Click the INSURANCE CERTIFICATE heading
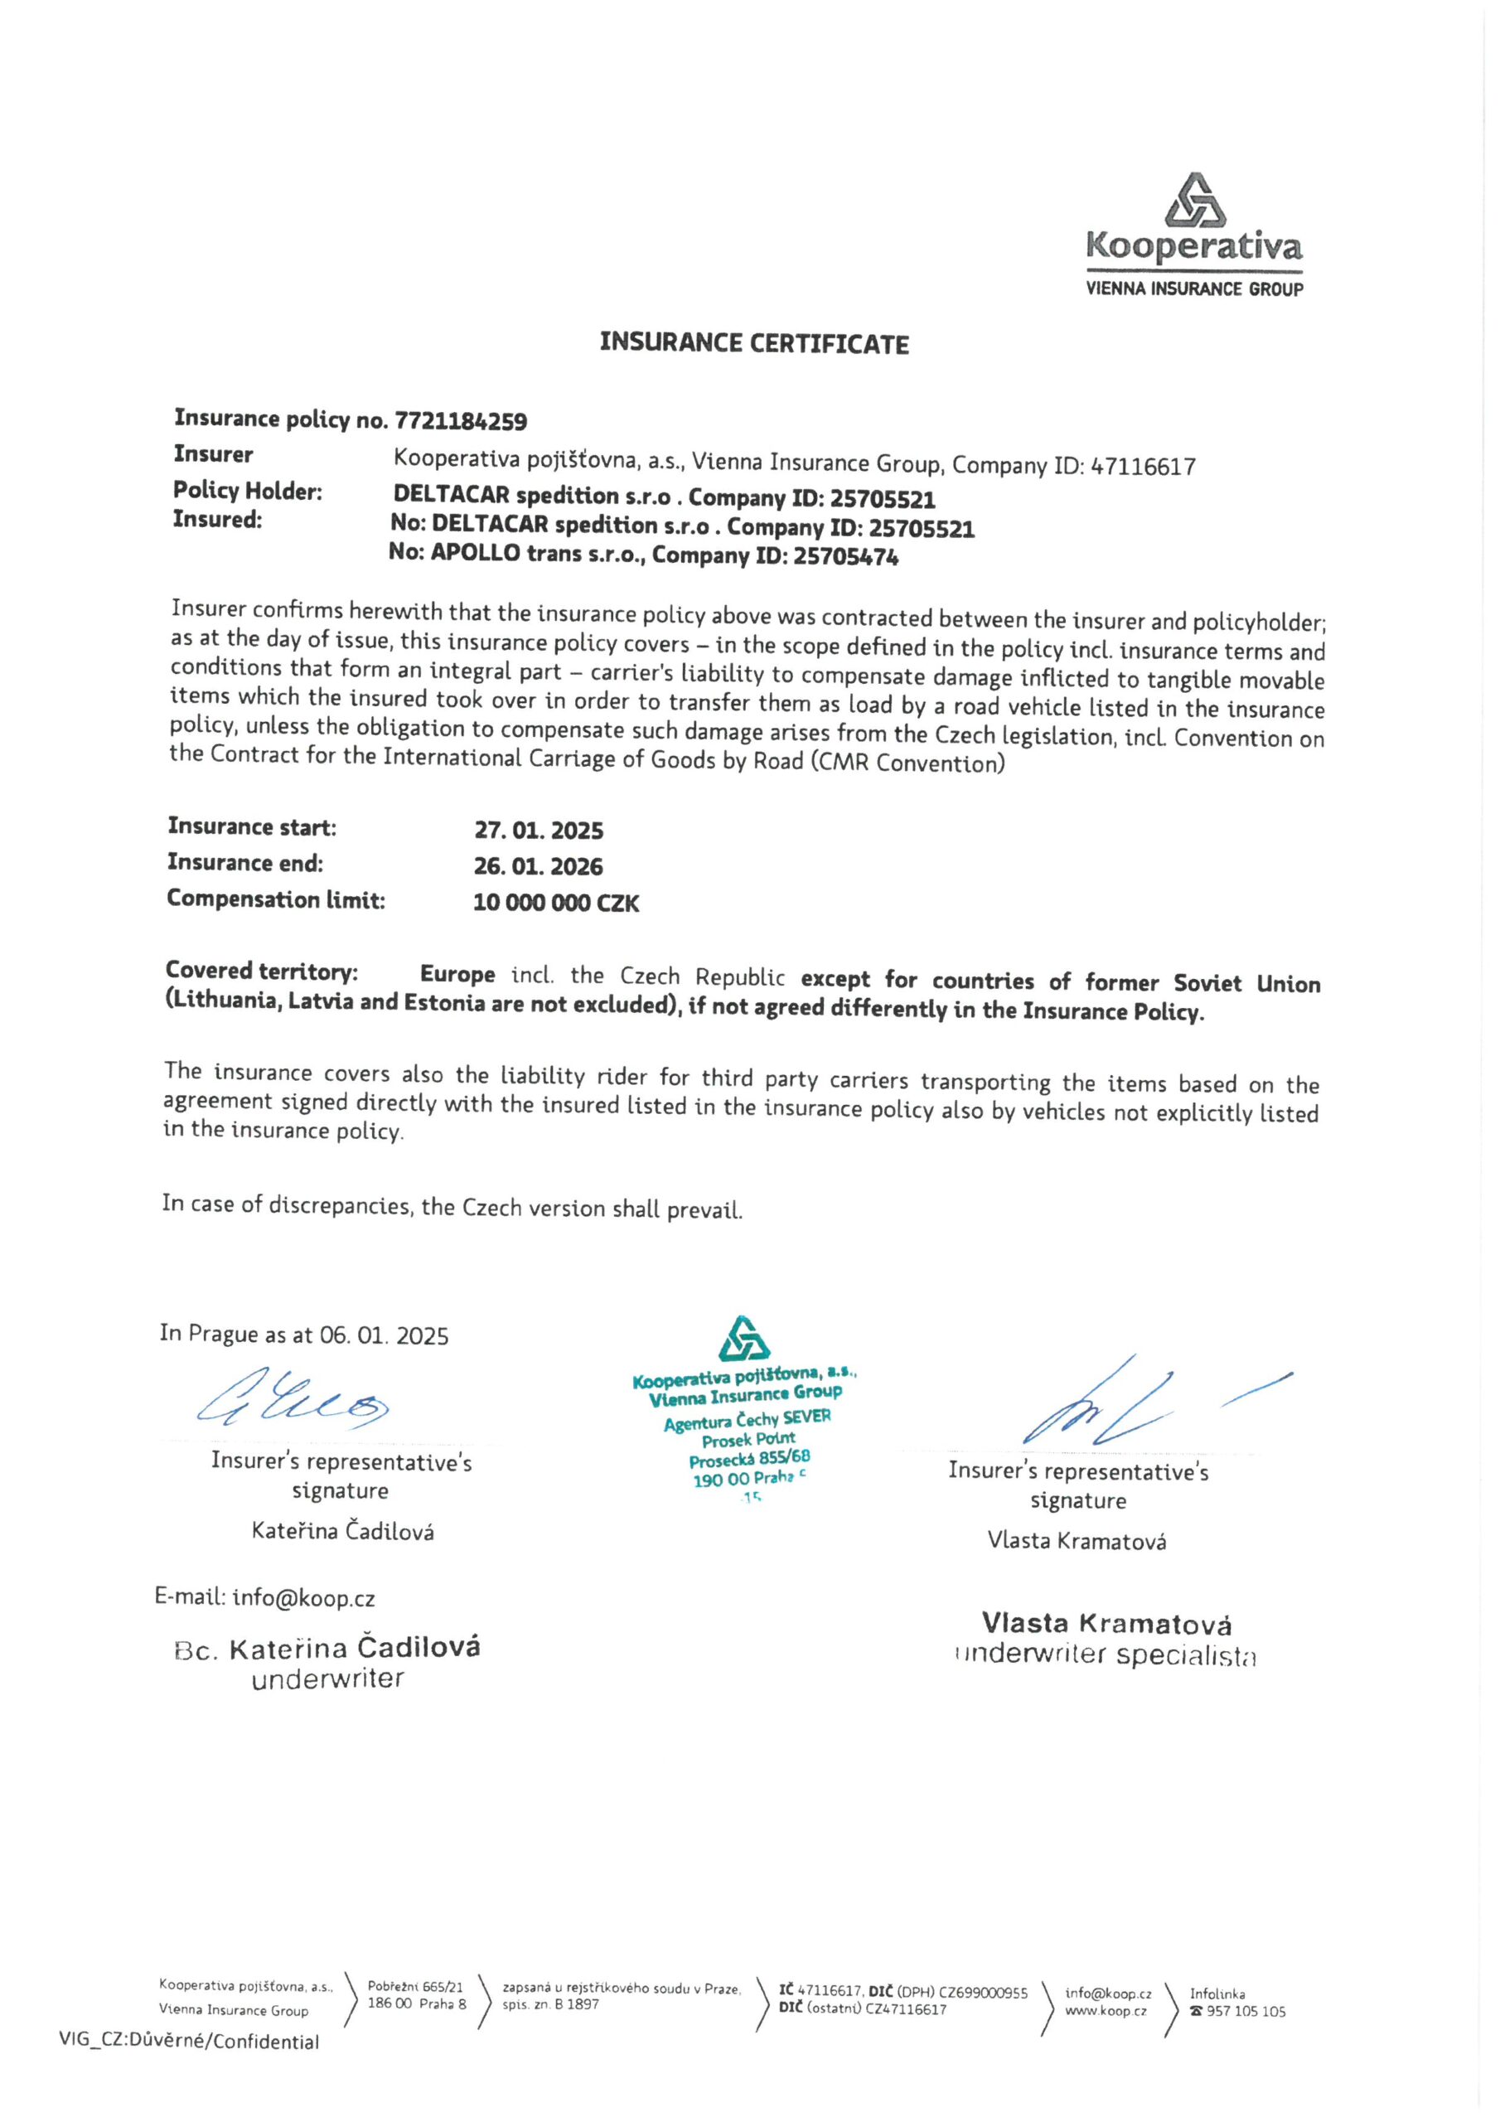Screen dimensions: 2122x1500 pos(753,344)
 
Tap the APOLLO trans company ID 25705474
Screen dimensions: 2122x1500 pos(845,557)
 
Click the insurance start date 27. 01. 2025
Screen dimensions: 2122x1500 pos(539,830)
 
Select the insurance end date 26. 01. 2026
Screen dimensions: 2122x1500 pos(538,867)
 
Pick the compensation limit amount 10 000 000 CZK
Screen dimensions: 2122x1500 pos(555,903)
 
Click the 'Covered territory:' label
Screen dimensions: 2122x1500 pos(262,971)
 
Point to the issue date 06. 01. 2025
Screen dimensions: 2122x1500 pos(384,1336)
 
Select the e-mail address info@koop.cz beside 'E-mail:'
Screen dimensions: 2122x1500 pos(303,1598)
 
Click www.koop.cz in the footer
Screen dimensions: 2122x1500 pos(1106,2011)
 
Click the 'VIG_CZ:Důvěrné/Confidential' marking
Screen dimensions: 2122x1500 pos(189,2042)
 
